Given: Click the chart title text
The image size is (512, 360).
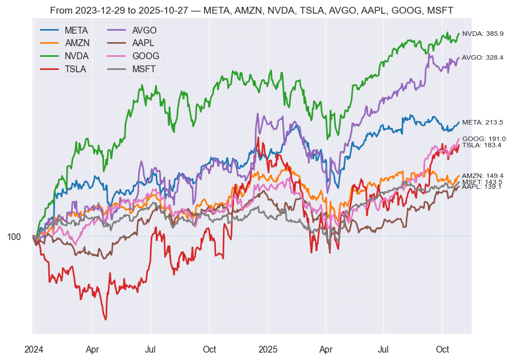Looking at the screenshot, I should [252, 10].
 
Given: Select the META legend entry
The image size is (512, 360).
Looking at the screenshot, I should [76, 30].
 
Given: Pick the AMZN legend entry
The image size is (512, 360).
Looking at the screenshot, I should [76, 43].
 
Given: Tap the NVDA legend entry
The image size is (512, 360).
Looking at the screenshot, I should [76, 56].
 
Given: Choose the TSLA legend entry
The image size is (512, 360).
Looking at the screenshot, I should [76, 69].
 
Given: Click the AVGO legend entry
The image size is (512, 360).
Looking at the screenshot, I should [144, 30].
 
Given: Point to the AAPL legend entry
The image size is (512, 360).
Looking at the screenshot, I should [144, 43].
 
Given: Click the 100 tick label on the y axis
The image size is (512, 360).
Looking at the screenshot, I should [14, 237].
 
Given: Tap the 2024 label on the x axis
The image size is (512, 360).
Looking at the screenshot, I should [34, 349].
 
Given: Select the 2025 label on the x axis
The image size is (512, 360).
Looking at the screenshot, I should [268, 349].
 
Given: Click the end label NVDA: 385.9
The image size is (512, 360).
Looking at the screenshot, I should [483, 34].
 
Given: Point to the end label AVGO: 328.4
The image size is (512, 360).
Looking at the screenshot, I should [483, 57].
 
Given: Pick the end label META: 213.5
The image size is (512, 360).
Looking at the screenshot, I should [483, 122].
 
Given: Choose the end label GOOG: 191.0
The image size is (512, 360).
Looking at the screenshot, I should [484, 139].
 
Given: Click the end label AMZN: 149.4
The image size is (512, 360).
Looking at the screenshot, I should [483, 176].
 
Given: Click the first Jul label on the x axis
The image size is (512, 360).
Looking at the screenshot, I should [151, 349].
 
